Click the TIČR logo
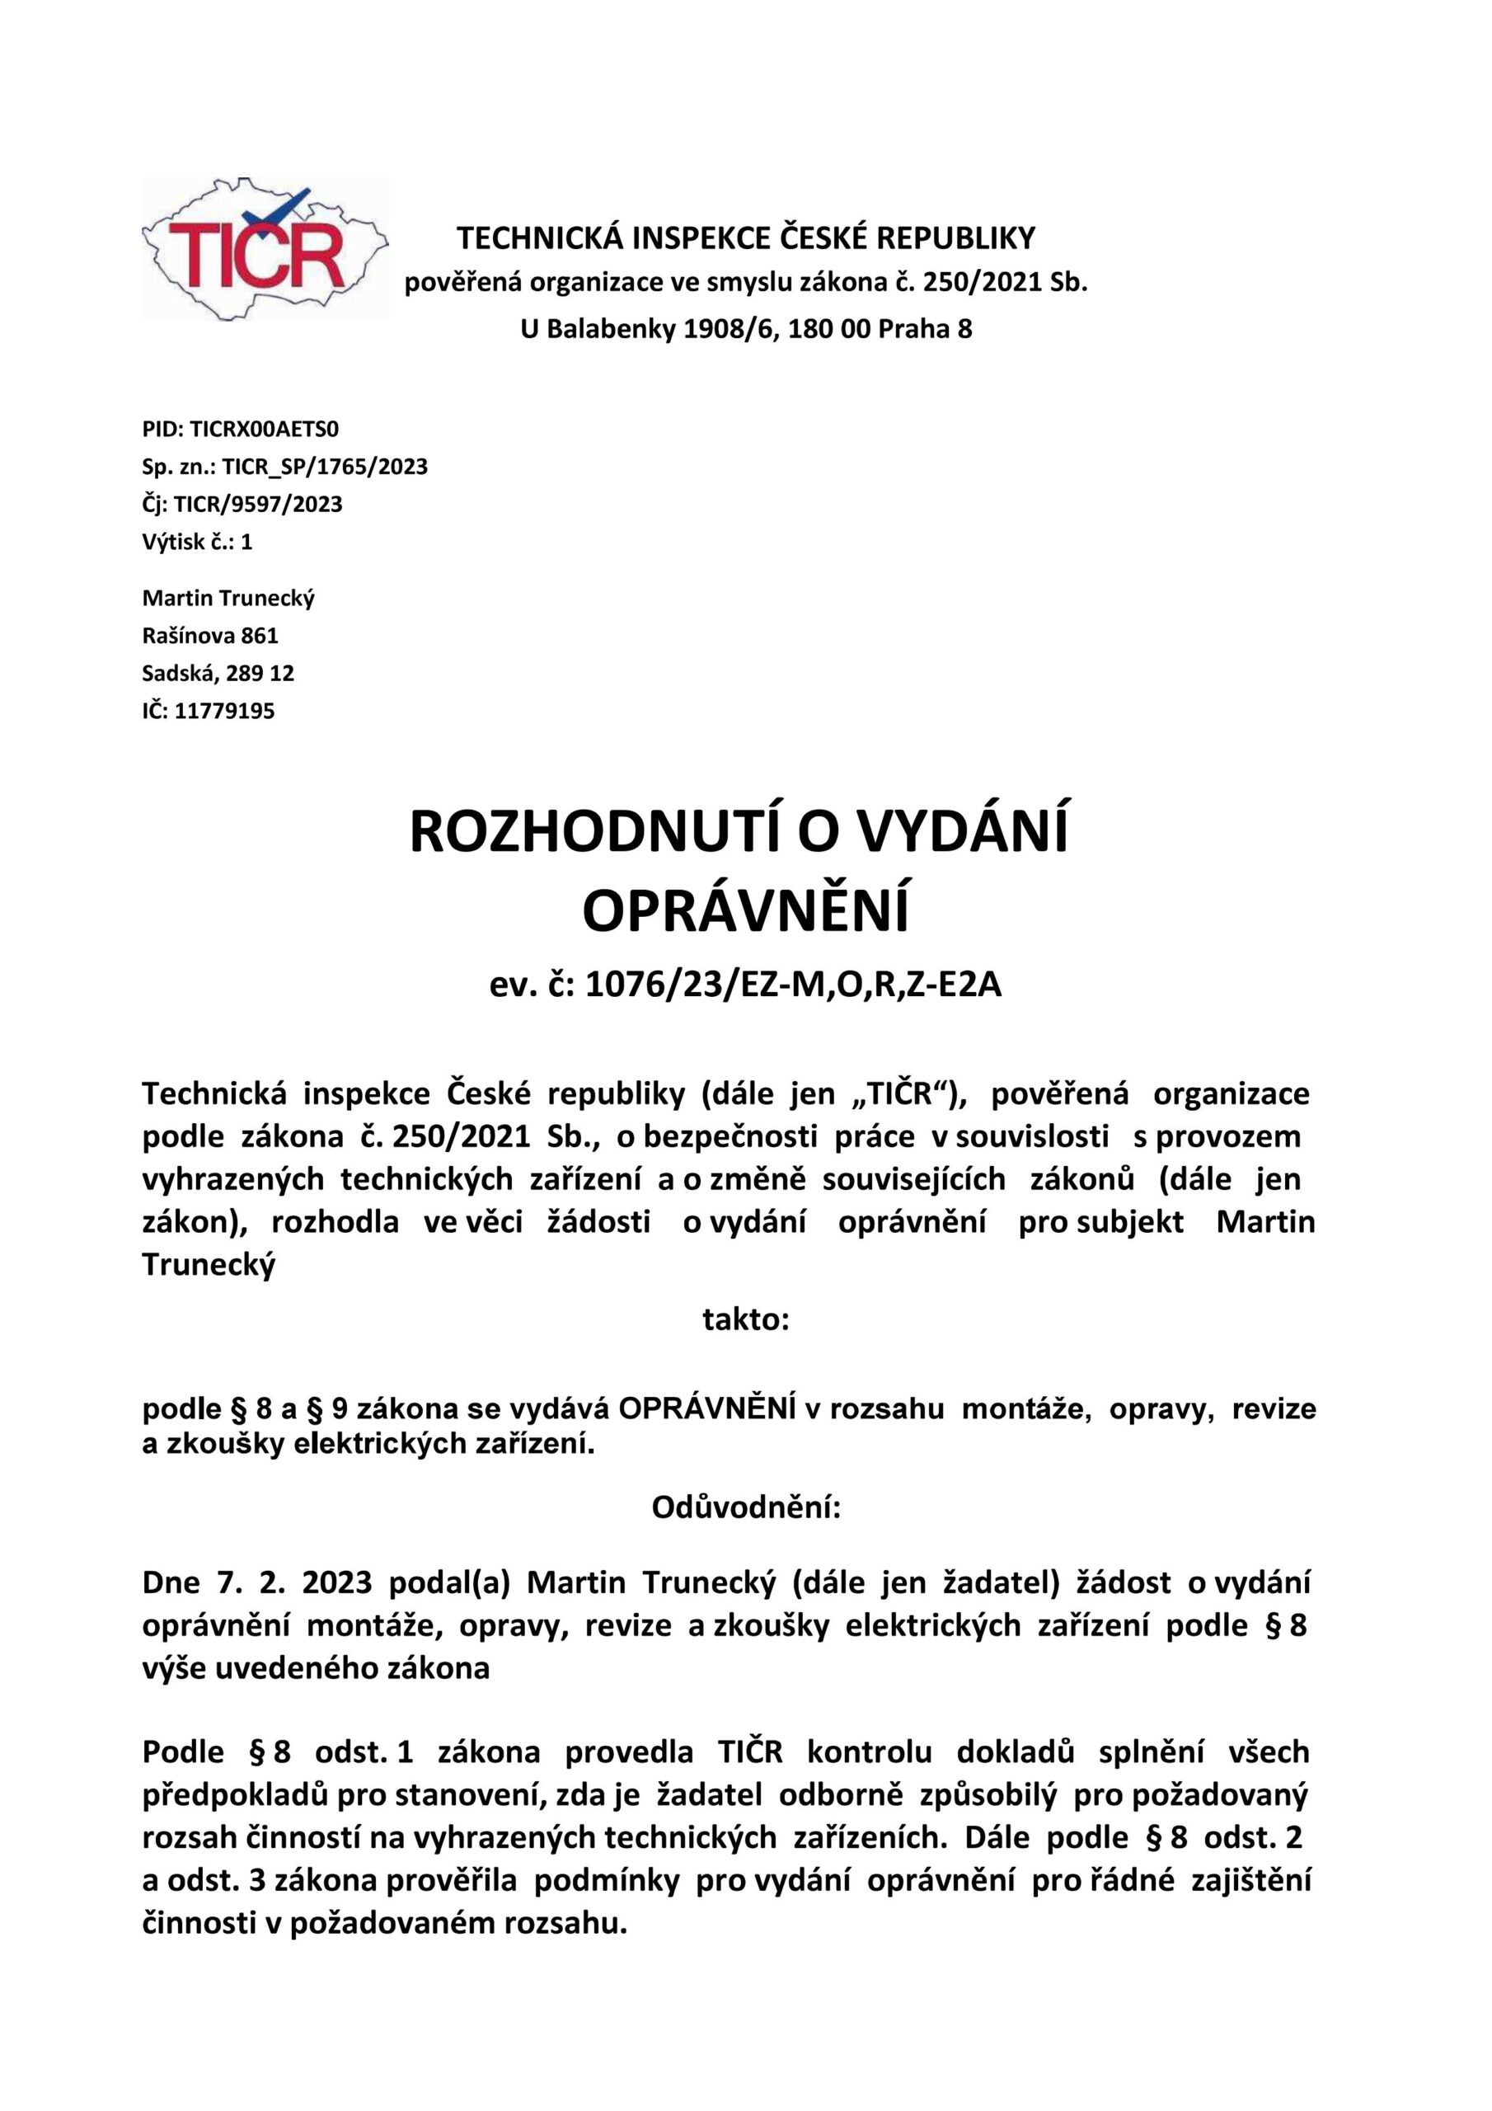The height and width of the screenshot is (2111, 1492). tap(265, 249)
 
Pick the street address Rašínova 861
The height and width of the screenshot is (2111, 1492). tap(209, 635)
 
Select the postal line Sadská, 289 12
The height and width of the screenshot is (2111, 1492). tap(218, 673)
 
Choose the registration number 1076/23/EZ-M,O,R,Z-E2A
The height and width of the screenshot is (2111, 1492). tap(792, 985)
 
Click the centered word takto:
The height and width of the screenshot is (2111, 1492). tap(745, 1320)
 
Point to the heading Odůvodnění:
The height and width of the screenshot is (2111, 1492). tap(745, 1508)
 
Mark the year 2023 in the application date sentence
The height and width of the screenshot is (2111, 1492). tap(336, 1583)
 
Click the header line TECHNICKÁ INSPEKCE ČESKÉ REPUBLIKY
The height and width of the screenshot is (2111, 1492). tap(745, 239)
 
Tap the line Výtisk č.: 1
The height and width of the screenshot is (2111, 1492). tap(197, 542)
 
